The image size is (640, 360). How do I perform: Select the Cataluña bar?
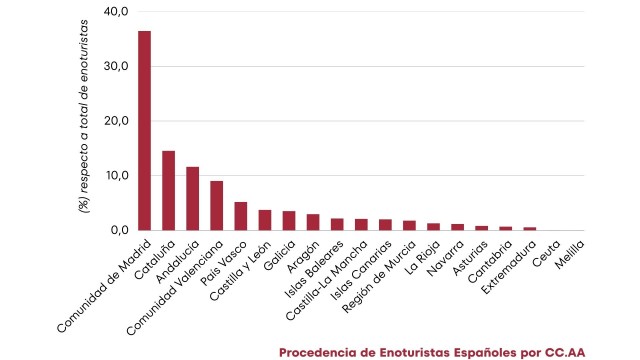[169, 190]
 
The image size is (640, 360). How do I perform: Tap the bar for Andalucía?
[193, 198]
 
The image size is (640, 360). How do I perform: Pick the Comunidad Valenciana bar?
[217, 205]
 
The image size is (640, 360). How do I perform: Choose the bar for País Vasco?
[241, 216]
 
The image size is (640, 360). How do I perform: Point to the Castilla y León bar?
[265, 220]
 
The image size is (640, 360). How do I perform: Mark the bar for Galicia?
[289, 221]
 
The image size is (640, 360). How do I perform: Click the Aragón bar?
[313, 222]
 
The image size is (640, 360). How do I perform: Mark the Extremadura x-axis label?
[509, 263]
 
